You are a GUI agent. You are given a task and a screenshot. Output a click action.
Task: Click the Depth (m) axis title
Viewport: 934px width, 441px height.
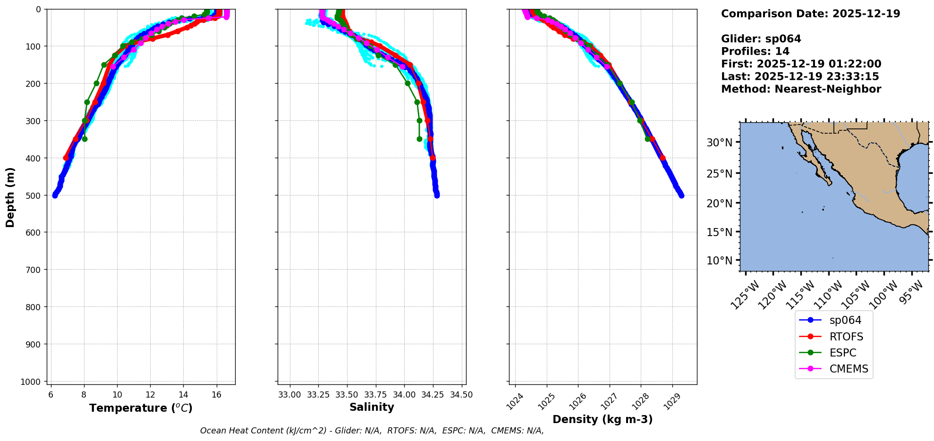pos(10,197)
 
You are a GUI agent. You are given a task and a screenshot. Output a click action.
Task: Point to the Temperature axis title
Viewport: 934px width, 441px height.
pos(141,408)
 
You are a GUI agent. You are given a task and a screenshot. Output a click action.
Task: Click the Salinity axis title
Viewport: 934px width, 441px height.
pos(372,407)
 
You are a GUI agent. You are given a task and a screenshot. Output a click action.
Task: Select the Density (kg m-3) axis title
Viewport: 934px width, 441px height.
pos(603,419)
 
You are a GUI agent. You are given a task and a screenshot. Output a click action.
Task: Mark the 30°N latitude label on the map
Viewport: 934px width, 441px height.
pos(719,143)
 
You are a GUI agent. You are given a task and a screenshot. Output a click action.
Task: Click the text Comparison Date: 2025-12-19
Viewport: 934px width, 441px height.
pos(810,14)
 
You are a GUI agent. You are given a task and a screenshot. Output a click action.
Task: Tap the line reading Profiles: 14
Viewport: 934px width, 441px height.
pos(755,51)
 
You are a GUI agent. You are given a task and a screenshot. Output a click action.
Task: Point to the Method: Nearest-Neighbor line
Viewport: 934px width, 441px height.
pos(801,89)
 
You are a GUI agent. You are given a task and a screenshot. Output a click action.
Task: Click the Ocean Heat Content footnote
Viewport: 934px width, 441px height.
pos(372,431)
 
